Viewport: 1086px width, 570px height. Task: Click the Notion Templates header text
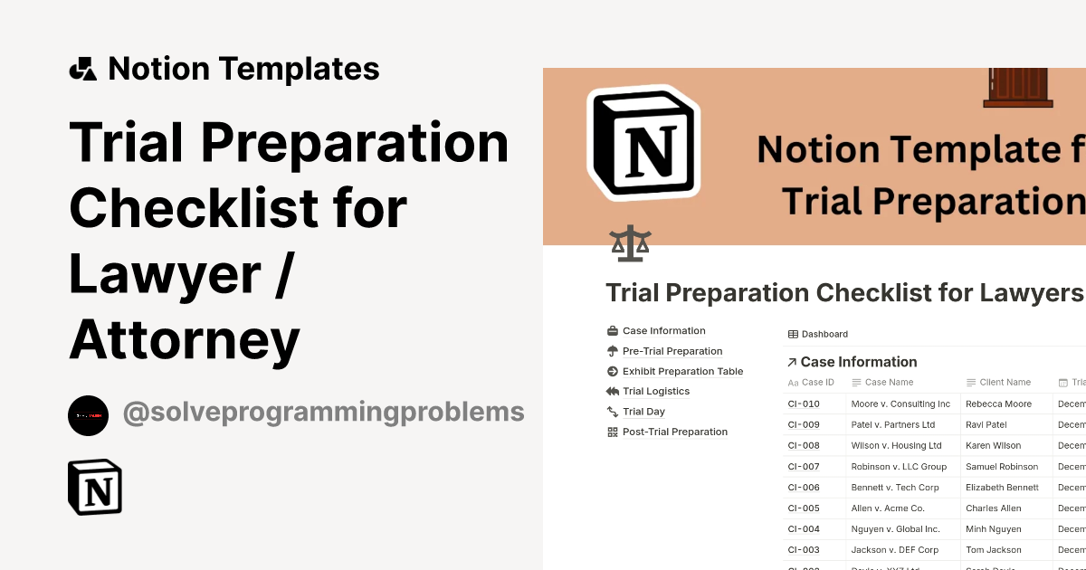(243, 69)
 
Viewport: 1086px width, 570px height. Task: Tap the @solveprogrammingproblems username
(323, 413)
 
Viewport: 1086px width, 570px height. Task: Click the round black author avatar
(88, 415)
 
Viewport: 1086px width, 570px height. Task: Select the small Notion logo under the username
(95, 487)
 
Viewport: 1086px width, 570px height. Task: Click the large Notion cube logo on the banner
(643, 142)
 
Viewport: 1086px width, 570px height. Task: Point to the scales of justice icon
(630, 244)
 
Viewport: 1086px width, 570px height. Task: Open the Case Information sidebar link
(663, 331)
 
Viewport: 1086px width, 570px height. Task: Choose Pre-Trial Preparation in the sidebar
(672, 351)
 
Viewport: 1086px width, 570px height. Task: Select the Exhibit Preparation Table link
(682, 371)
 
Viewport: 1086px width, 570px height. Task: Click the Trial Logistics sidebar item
(655, 392)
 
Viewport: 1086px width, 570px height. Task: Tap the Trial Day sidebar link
(643, 412)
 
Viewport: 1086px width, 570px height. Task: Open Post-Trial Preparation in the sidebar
(674, 432)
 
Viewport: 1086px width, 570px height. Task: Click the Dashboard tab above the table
(824, 334)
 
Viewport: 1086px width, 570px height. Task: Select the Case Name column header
(889, 383)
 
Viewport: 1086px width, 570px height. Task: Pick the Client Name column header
(1005, 383)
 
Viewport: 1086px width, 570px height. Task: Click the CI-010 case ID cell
(804, 404)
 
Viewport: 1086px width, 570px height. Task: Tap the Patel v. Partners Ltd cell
(892, 425)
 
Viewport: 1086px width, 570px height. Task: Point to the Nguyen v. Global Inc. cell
(895, 529)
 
